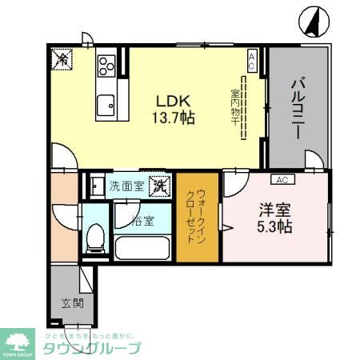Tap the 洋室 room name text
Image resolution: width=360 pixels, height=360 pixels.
coord(274,210)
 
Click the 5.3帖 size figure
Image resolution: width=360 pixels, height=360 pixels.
coord(274,226)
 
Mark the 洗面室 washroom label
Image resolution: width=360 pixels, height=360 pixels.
coord(126,186)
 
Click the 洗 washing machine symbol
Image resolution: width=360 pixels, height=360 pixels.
coord(160,186)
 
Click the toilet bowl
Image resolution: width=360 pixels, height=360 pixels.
coord(94,237)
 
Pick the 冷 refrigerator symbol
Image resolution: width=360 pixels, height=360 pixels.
coord(62,58)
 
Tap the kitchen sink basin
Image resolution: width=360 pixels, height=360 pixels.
coord(106,104)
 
